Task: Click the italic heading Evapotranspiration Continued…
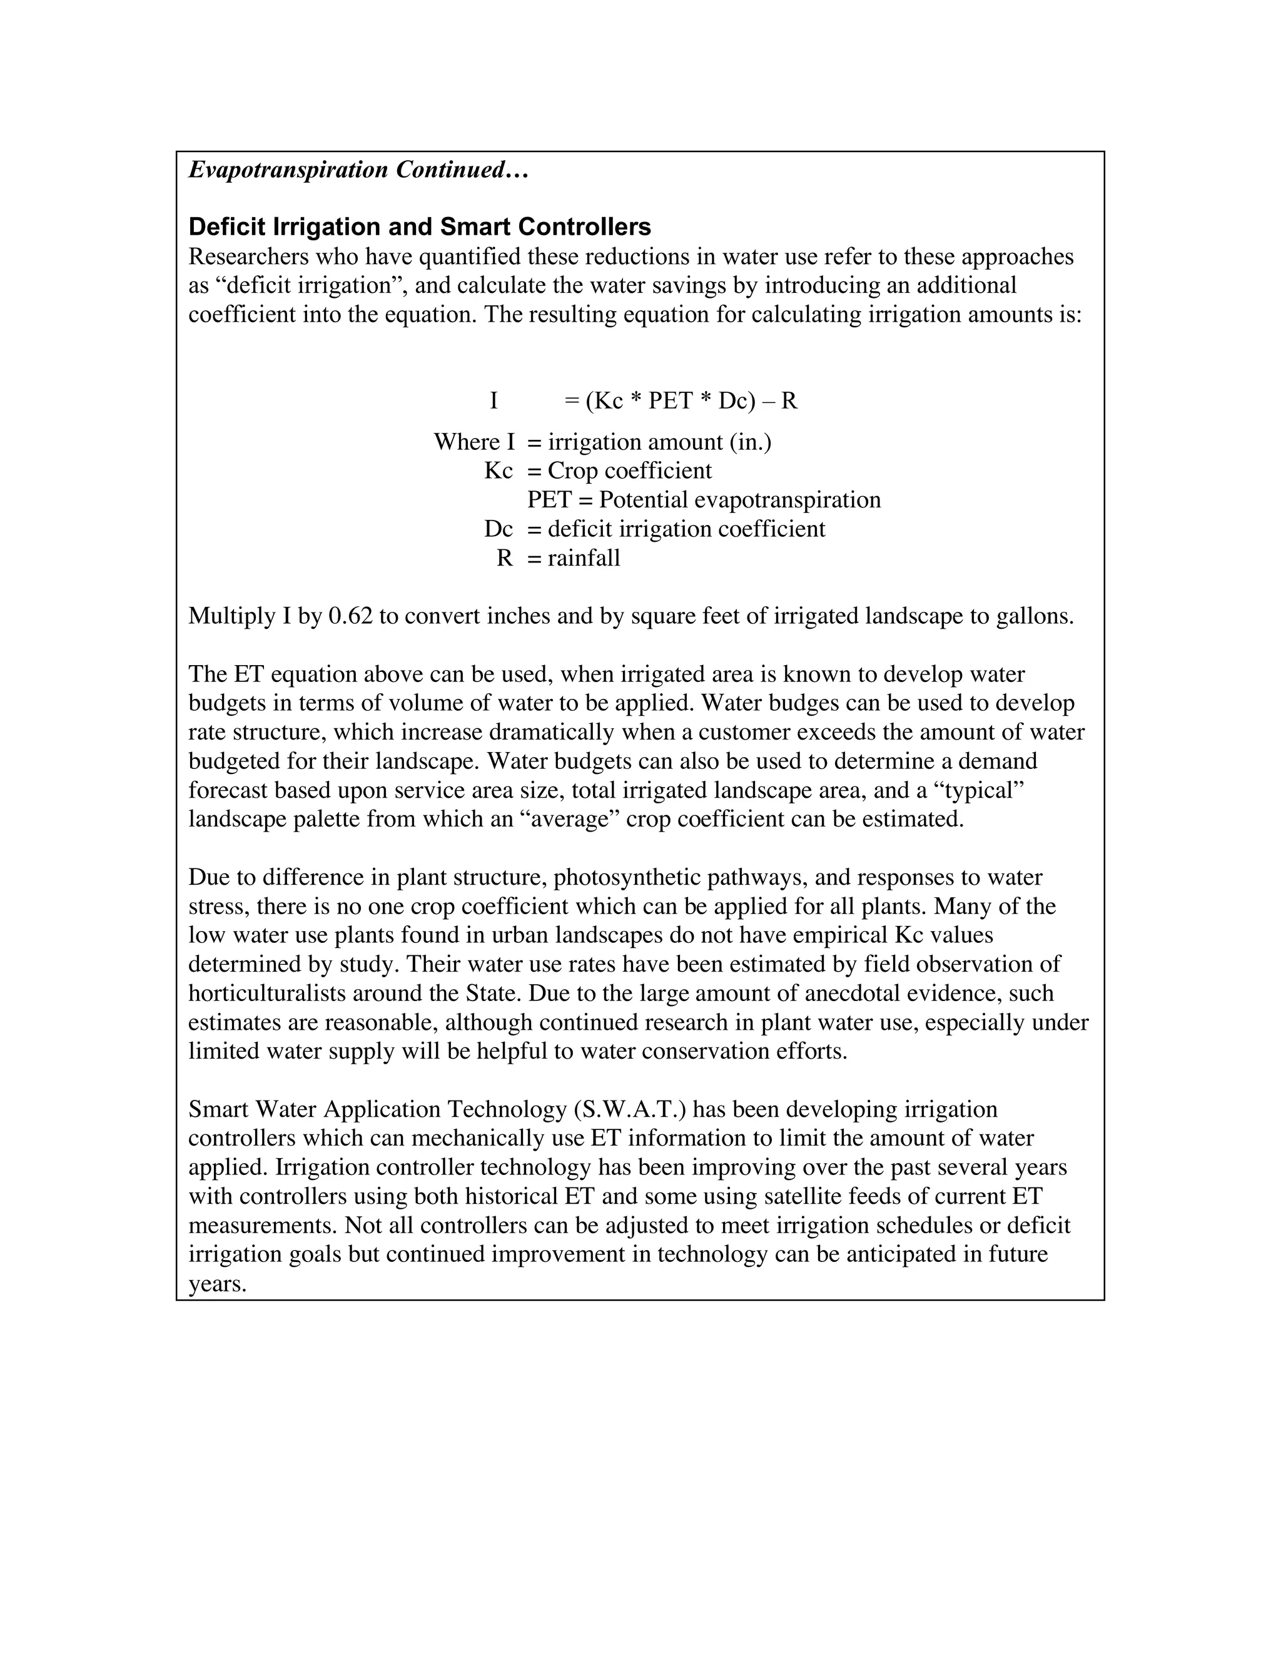coord(358,170)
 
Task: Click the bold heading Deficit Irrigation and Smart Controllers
coord(420,227)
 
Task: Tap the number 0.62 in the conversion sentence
coord(351,616)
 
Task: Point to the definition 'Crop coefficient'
coord(630,470)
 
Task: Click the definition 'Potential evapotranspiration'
coord(740,501)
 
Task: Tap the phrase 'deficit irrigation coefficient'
coord(686,529)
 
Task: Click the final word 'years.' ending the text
coord(218,1284)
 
